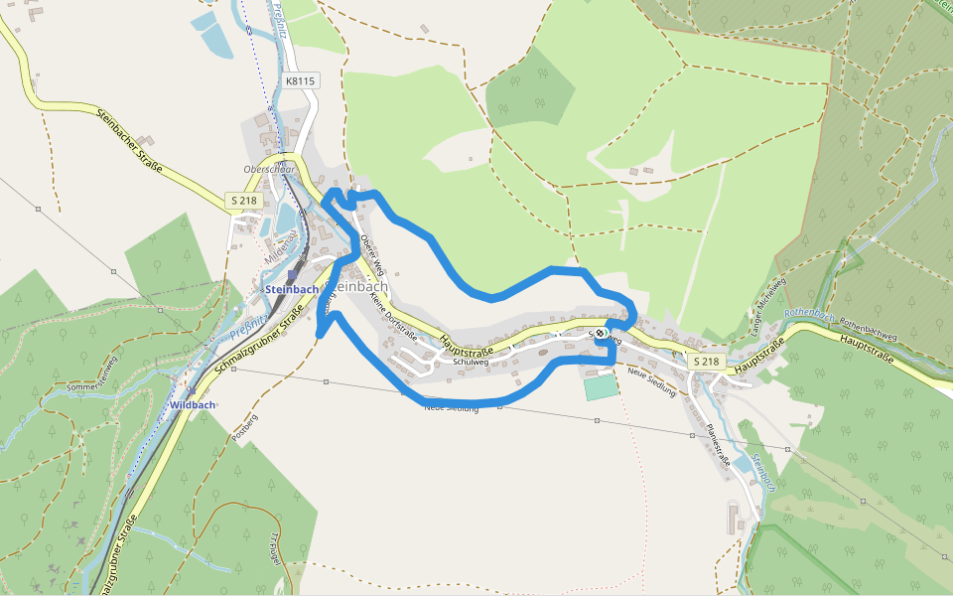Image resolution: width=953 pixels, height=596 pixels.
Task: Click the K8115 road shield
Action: pos(300,80)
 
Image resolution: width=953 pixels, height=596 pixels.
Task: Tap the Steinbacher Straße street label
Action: pos(130,139)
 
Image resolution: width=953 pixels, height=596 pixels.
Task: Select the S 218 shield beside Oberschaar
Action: pos(245,201)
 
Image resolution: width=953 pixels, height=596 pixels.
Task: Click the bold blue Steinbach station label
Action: pos(292,289)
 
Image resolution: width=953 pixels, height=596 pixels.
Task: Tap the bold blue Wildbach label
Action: pos(192,405)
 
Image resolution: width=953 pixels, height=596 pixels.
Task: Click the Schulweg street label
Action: pos(471,363)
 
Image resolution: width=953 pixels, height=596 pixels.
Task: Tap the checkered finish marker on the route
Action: pos(601,334)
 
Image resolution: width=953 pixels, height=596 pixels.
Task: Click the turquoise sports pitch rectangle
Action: pos(600,386)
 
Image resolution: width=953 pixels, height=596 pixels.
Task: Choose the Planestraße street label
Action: pos(718,446)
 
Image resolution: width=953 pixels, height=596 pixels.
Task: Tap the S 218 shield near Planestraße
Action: pos(705,362)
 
